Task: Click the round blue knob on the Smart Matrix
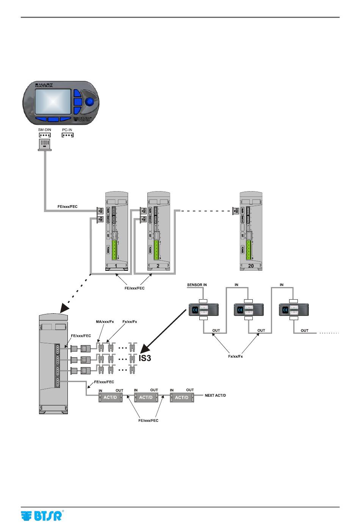coord(90,102)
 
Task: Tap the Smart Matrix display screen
coord(53,102)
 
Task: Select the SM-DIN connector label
coord(44,130)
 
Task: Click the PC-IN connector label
coord(67,130)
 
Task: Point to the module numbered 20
coord(251,231)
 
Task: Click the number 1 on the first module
coord(116,266)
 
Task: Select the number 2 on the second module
coord(158,266)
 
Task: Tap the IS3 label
coord(145,358)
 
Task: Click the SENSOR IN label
coord(197,285)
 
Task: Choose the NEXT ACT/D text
coord(215,396)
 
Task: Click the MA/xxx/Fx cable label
coord(105,322)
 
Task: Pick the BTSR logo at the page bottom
coord(42,516)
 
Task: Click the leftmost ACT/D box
coord(110,397)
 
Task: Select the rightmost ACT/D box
coord(182,397)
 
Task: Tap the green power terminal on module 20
coord(249,250)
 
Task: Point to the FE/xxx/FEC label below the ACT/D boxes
coord(148,420)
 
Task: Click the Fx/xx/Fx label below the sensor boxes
coord(235,357)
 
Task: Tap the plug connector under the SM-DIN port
coord(44,144)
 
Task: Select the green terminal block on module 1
coord(114,250)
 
